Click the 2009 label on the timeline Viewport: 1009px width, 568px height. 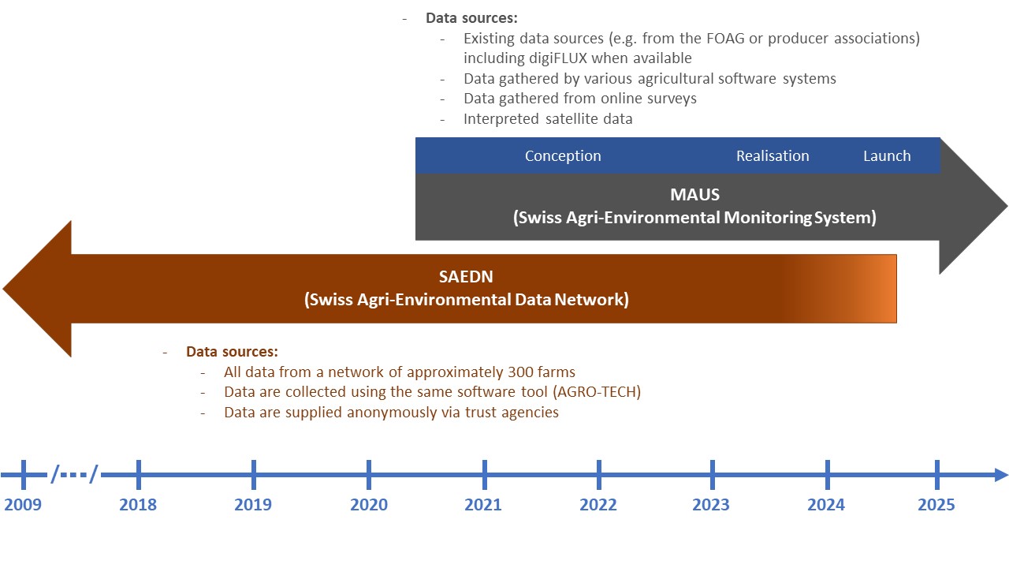coord(23,504)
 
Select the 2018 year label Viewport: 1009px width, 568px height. coord(138,504)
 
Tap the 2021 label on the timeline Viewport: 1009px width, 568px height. coord(482,504)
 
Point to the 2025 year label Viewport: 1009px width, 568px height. coord(936,504)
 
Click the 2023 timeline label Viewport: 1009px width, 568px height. coord(711,504)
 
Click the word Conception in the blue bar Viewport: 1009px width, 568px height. coord(563,156)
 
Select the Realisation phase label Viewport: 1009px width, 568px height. coord(773,156)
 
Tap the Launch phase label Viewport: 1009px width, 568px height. coord(887,156)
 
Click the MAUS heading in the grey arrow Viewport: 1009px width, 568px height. coord(694,194)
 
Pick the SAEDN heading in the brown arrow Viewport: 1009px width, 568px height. coord(467,277)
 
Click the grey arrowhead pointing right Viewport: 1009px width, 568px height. coord(974,207)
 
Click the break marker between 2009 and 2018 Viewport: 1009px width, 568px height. coord(75,475)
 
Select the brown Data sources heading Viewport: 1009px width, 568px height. coord(232,351)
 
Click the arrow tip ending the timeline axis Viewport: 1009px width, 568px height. coord(1001,475)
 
